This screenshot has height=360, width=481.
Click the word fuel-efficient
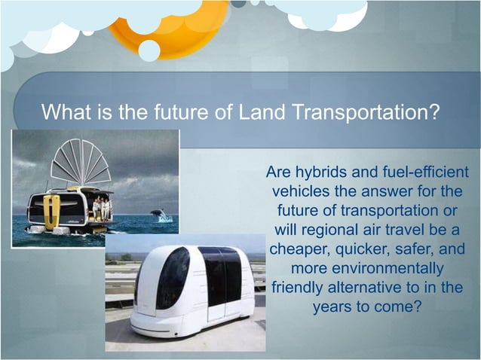click(419, 172)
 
